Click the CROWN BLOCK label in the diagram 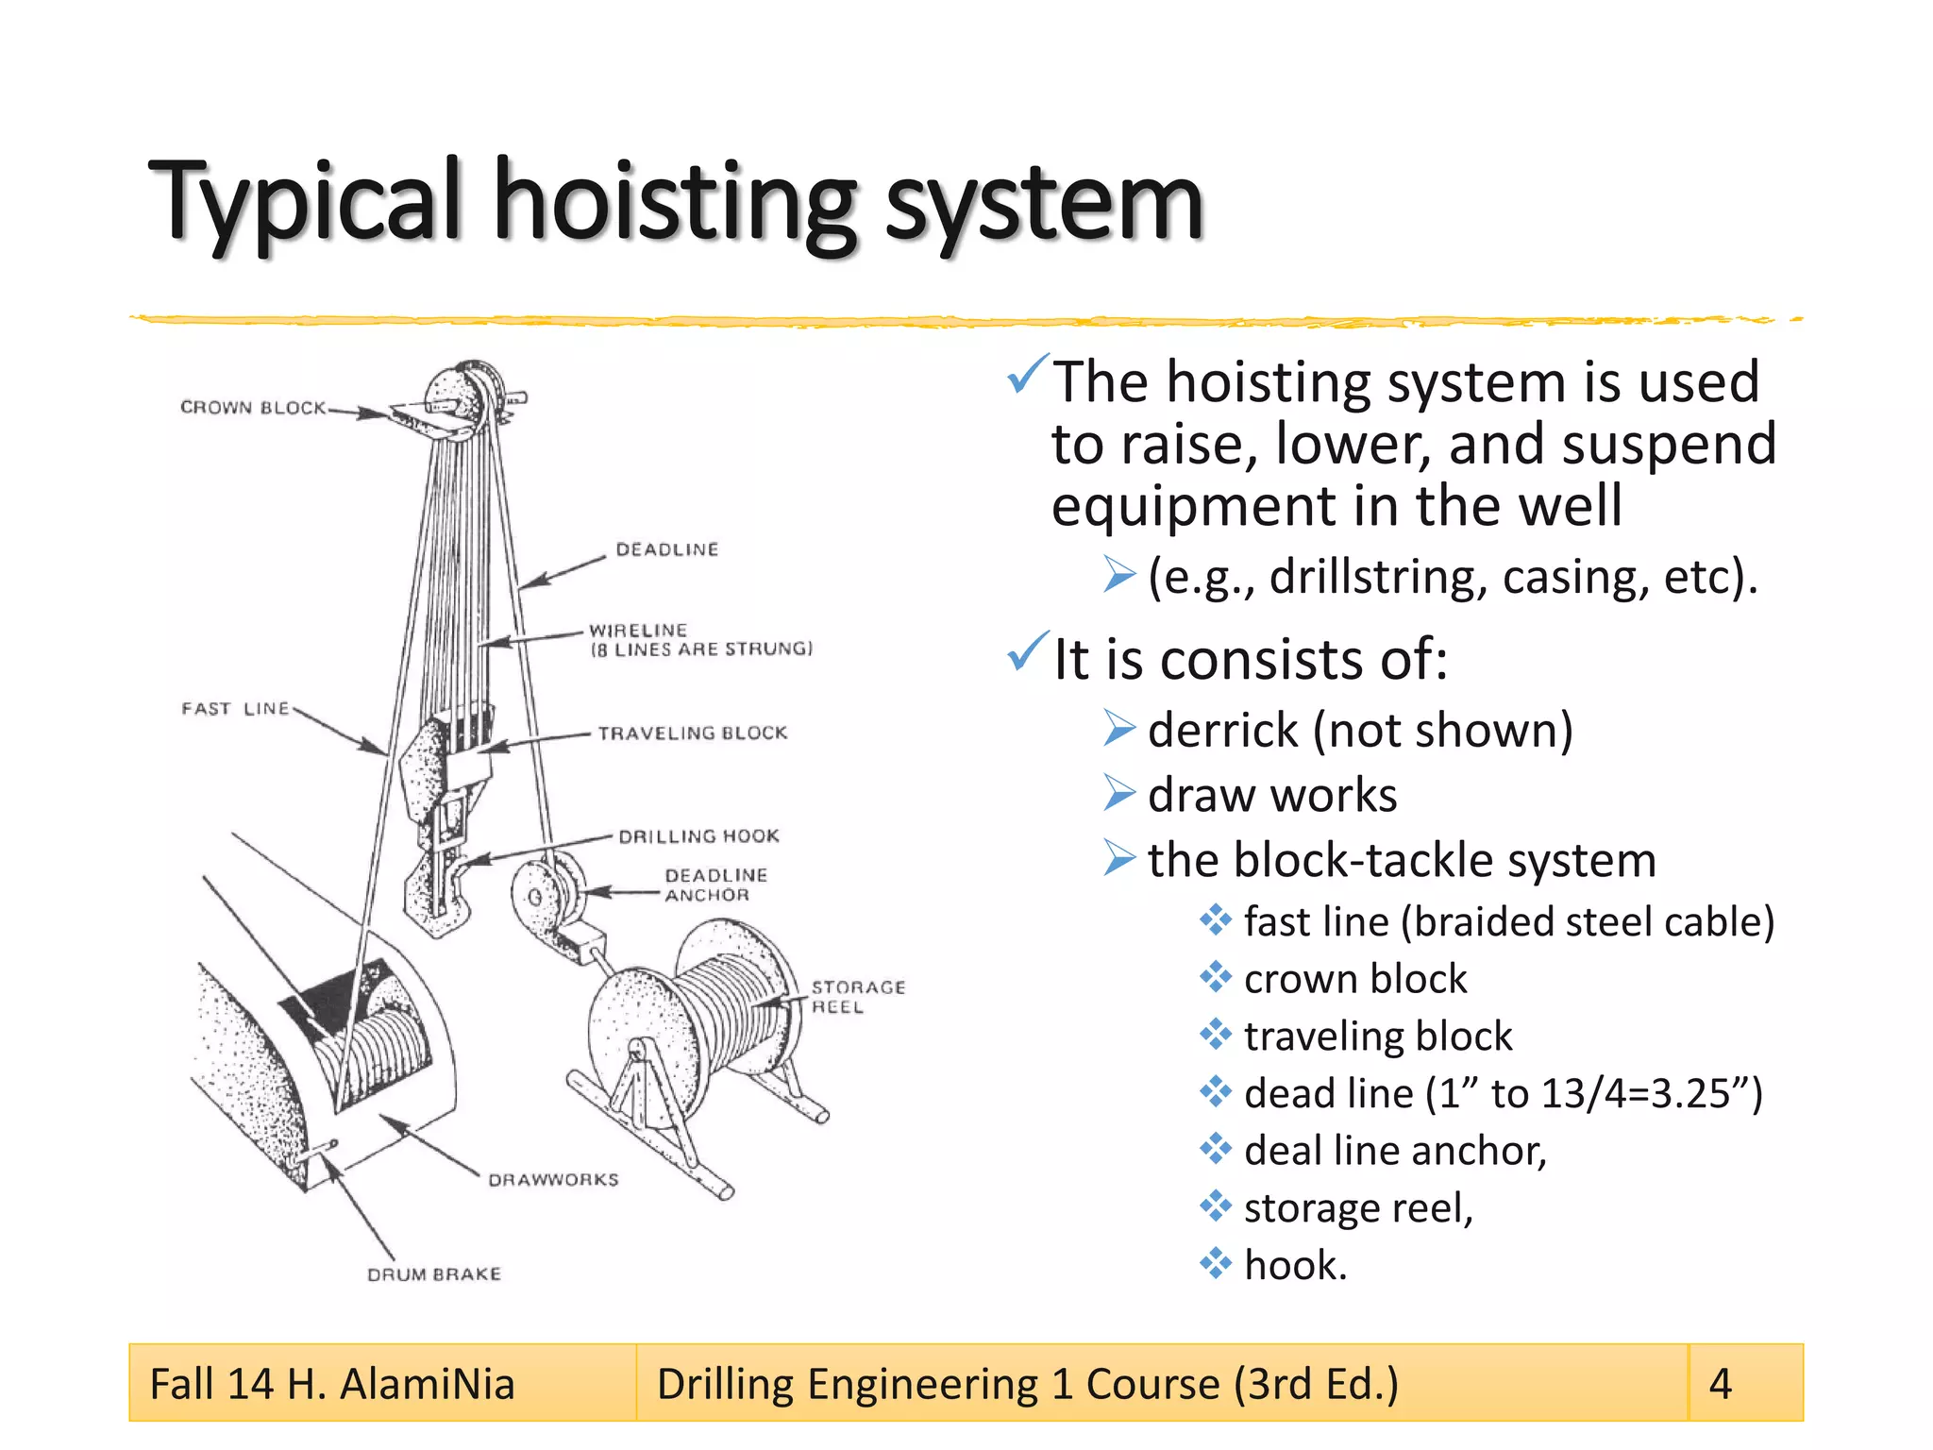click(x=252, y=408)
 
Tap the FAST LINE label click(x=235, y=709)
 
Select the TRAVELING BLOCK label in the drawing click(x=692, y=733)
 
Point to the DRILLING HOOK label click(x=698, y=836)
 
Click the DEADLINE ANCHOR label click(x=714, y=885)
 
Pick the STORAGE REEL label click(x=857, y=997)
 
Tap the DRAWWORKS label click(x=553, y=1180)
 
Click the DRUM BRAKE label click(x=434, y=1274)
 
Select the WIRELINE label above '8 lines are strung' click(x=638, y=630)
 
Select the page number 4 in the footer click(x=1721, y=1384)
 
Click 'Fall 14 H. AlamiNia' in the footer click(x=332, y=1384)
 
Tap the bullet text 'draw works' click(x=1272, y=795)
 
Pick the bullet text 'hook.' click(x=1295, y=1265)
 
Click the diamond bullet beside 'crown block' click(x=1216, y=978)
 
